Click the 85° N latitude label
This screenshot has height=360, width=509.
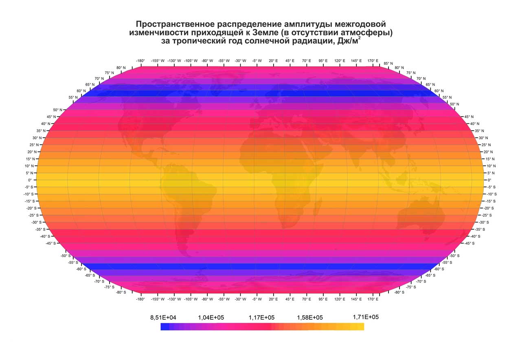[388, 64]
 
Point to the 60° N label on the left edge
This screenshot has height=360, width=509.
[81, 91]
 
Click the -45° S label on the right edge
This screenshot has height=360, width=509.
[470, 244]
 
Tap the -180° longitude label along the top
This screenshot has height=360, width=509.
[140, 61]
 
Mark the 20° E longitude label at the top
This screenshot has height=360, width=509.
[273, 61]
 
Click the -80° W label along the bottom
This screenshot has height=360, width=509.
[207, 299]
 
